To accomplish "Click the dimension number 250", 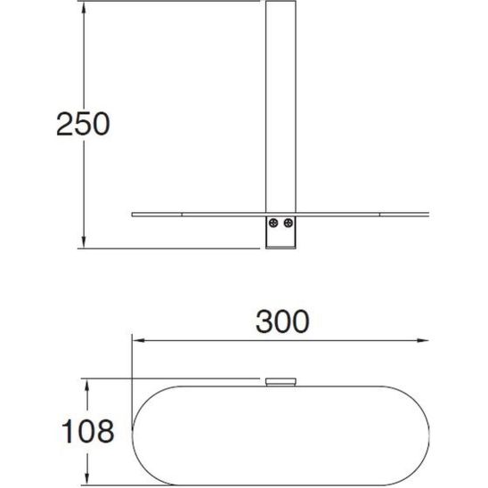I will pyautogui.click(x=82, y=125).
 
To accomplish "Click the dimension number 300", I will pyautogui.click(x=283, y=320).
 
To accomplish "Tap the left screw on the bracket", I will pyautogui.click(x=275, y=224).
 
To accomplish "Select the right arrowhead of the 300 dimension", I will pyautogui.click(x=429, y=338).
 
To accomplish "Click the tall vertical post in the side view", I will pyautogui.click(x=281, y=107).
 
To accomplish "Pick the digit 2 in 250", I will pyautogui.click(x=64, y=125).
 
